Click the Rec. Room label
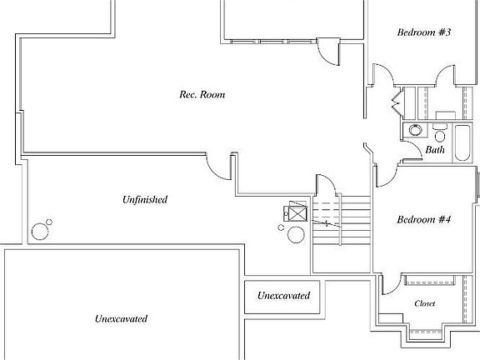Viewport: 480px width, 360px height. click(x=202, y=94)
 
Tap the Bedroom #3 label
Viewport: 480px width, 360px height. click(x=424, y=32)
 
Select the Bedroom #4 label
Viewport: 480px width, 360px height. click(x=424, y=219)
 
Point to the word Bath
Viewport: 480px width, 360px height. click(x=435, y=149)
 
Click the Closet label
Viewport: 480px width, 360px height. click(x=425, y=303)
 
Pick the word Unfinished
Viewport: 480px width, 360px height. click(x=145, y=200)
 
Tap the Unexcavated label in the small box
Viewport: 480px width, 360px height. click(x=284, y=295)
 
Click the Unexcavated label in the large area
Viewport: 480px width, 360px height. click(x=121, y=318)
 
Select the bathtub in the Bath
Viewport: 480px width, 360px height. click(x=462, y=142)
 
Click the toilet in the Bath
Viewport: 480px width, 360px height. click(x=440, y=134)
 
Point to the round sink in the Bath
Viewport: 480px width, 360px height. click(x=415, y=130)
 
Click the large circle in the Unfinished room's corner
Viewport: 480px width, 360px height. click(x=40, y=232)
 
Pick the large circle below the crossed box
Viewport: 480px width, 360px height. click(x=296, y=235)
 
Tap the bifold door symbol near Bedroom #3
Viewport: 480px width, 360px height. click(x=396, y=102)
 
